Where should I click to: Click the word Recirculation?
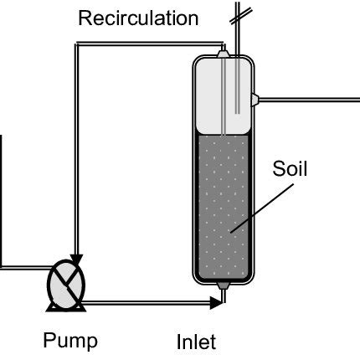(138, 18)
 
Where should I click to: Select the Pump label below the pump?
(70, 341)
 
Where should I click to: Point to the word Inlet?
(197, 342)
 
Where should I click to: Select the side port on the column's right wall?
(257, 99)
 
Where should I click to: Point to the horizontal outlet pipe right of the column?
(310, 99)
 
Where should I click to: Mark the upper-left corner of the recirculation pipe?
(76, 46)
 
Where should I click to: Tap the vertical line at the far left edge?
(2, 201)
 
